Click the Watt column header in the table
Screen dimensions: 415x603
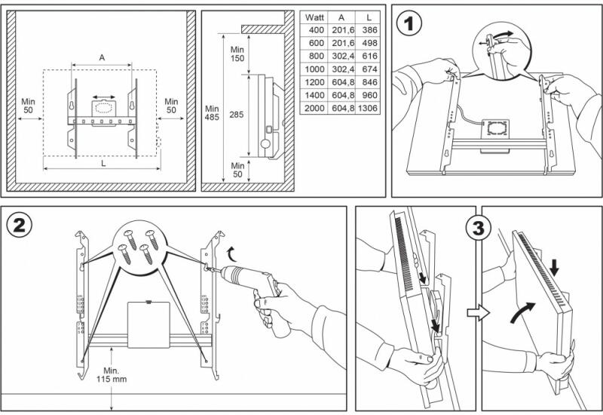(x=314, y=16)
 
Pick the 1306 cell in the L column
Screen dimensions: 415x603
(x=367, y=109)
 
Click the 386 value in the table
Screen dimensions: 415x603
(x=367, y=29)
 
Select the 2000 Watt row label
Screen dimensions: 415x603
(x=314, y=109)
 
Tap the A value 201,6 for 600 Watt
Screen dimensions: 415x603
(x=341, y=42)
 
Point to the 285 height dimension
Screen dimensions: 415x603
(x=237, y=116)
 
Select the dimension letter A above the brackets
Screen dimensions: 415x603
(x=103, y=58)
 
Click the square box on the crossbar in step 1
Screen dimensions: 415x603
(x=496, y=131)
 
